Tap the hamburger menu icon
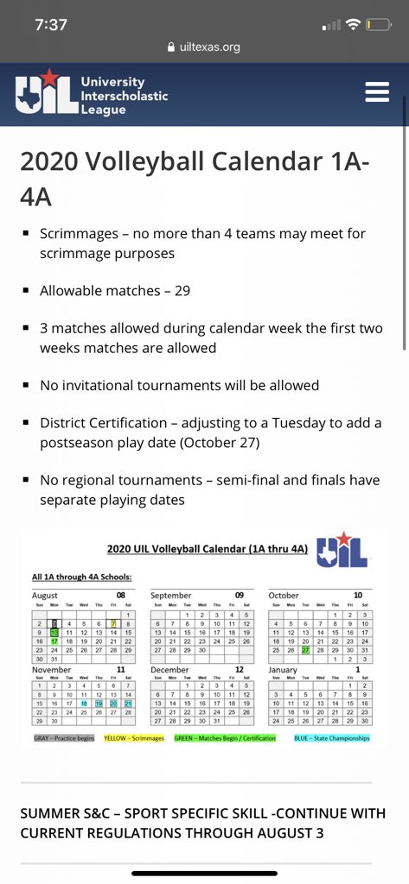[377, 92]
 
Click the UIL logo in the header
[92, 94]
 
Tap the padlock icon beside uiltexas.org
[171, 47]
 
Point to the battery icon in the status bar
[377, 24]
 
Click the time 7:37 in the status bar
[52, 24]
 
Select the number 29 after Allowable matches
[182, 291]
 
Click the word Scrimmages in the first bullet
[78, 234]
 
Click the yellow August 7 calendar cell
[113, 622]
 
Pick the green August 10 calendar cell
[54, 632]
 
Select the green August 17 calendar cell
[54, 641]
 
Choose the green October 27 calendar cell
[305, 650]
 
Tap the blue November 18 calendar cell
[84, 704]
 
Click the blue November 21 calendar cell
[128, 704]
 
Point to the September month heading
[170, 596]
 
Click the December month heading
[169, 669]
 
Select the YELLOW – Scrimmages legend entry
[134, 738]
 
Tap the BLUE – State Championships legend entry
[331, 738]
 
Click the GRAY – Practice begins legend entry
[64, 738]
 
